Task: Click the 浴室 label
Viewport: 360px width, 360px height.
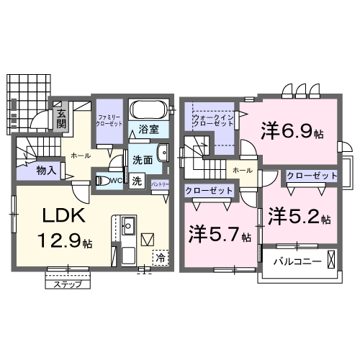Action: (x=150, y=130)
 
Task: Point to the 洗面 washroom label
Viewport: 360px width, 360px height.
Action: (x=142, y=160)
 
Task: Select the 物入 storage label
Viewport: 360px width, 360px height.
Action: (x=48, y=171)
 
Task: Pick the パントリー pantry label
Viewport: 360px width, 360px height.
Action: (x=161, y=184)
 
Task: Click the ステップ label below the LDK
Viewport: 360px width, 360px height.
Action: (x=68, y=284)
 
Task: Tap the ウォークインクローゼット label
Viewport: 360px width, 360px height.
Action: (x=213, y=120)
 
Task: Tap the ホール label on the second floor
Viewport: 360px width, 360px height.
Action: (x=243, y=169)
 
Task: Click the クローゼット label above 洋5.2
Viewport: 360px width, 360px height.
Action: (x=312, y=176)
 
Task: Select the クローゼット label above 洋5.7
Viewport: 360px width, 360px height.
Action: (x=210, y=191)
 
